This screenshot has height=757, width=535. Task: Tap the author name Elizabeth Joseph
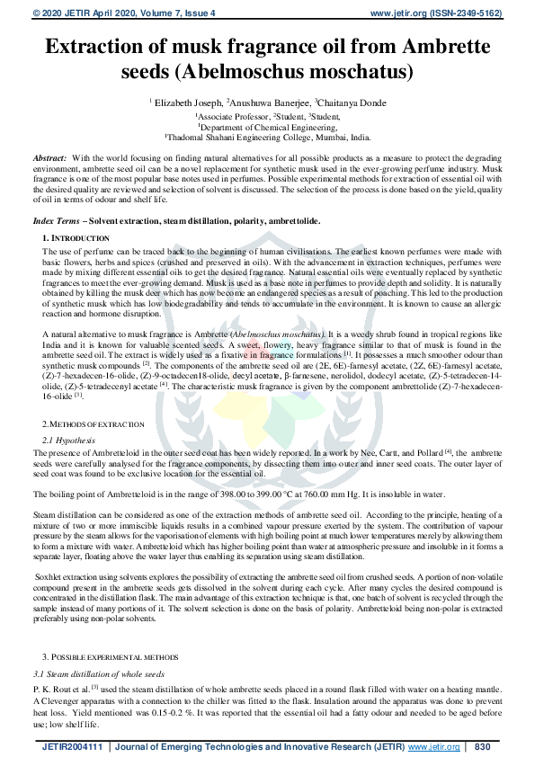pos(188,103)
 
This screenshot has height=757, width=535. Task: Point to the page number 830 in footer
pos(481,746)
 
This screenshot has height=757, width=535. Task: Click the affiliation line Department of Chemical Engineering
pos(268,128)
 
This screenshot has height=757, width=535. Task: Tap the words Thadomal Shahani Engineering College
pos(241,138)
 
